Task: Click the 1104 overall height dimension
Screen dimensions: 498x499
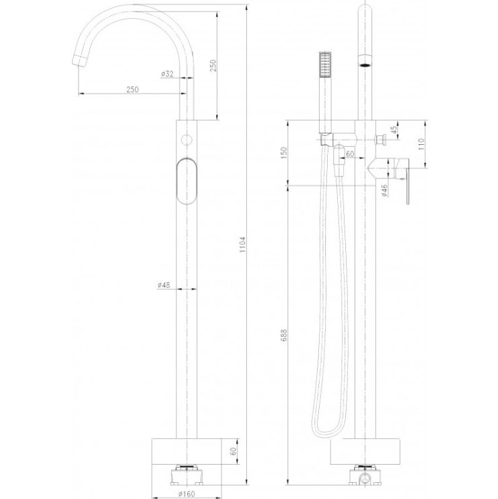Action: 243,244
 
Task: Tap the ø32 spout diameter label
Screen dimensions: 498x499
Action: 167,74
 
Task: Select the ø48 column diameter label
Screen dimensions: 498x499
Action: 164,285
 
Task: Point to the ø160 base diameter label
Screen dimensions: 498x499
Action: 186,494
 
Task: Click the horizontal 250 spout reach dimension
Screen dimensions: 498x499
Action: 133,90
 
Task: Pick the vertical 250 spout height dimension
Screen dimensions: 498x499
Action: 213,65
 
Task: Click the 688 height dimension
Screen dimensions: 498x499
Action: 284,335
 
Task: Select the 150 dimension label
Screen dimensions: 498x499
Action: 284,153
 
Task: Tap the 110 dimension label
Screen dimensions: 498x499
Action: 421,145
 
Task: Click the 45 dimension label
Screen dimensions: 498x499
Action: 394,130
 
